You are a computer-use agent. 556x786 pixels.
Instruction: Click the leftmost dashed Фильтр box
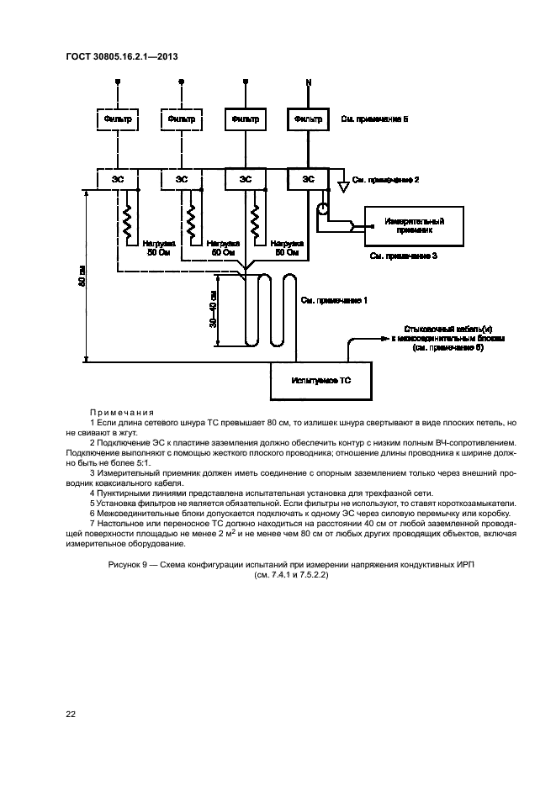(x=118, y=119)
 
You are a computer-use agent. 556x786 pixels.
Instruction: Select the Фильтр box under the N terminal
(x=308, y=119)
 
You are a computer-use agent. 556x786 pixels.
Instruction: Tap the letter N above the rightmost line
(x=308, y=82)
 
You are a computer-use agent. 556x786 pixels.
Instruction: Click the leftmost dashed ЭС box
(x=118, y=179)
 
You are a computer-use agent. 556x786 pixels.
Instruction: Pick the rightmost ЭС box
(x=308, y=179)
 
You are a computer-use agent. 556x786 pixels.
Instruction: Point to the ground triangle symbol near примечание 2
(x=342, y=184)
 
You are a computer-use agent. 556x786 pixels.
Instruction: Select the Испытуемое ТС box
(x=320, y=381)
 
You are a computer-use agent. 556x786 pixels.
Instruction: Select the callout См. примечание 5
(x=374, y=120)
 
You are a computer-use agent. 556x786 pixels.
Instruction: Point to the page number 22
(x=71, y=715)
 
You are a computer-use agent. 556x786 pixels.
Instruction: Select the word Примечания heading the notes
(x=121, y=412)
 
